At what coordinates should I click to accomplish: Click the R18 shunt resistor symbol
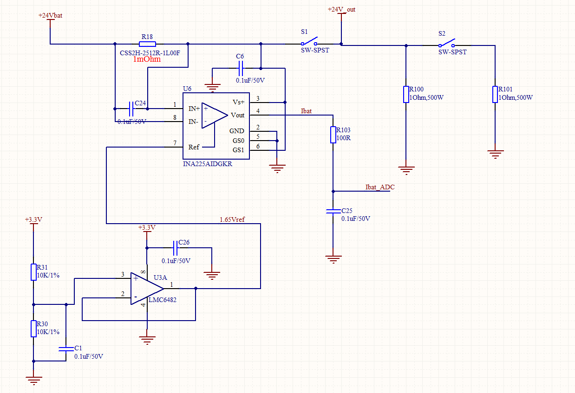click(147, 44)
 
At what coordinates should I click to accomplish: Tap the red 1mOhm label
click(147, 59)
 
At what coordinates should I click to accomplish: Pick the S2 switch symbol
click(447, 44)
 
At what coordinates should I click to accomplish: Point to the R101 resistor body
click(495, 94)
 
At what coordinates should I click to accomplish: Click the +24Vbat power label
click(50, 15)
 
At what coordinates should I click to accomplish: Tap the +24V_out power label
click(341, 9)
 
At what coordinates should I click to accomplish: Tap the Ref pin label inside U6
click(194, 147)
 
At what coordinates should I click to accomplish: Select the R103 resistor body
click(333, 135)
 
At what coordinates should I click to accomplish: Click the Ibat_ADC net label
click(379, 187)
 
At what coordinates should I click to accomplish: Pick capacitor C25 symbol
click(333, 211)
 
